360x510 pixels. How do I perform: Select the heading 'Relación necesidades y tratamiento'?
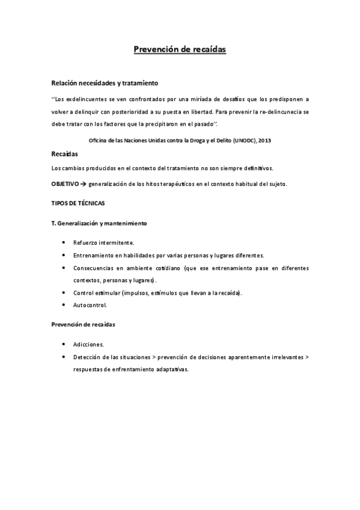105,83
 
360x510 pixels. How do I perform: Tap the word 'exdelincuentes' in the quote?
88,99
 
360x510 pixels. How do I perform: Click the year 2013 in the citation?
263,140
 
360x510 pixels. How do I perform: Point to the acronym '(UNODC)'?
239,140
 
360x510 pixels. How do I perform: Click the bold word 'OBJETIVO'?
65,183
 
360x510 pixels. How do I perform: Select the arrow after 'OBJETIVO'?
83,183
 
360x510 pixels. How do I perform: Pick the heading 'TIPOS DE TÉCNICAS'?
78,203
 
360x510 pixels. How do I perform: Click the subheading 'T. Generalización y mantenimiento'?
99,223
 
